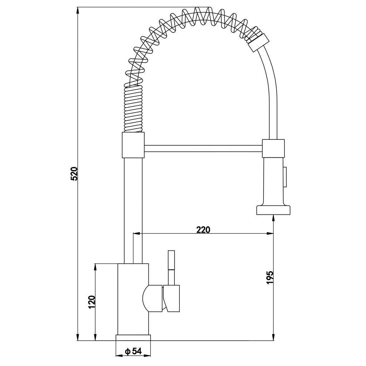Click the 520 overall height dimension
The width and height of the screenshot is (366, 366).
click(x=74, y=174)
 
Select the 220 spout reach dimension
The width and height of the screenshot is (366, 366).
click(x=203, y=230)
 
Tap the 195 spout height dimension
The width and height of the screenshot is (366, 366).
click(x=270, y=277)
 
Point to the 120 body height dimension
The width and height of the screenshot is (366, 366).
click(x=91, y=302)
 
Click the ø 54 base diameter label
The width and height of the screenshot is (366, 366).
click(x=133, y=352)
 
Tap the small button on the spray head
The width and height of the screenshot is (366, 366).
click(x=285, y=177)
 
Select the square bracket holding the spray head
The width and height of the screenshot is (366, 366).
click(x=274, y=148)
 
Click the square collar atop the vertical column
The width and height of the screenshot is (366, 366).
click(x=133, y=145)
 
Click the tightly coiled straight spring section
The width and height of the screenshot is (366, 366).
click(x=134, y=109)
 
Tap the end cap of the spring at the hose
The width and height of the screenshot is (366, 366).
click(x=257, y=41)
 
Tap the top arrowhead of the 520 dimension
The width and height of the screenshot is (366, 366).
click(x=78, y=11)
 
